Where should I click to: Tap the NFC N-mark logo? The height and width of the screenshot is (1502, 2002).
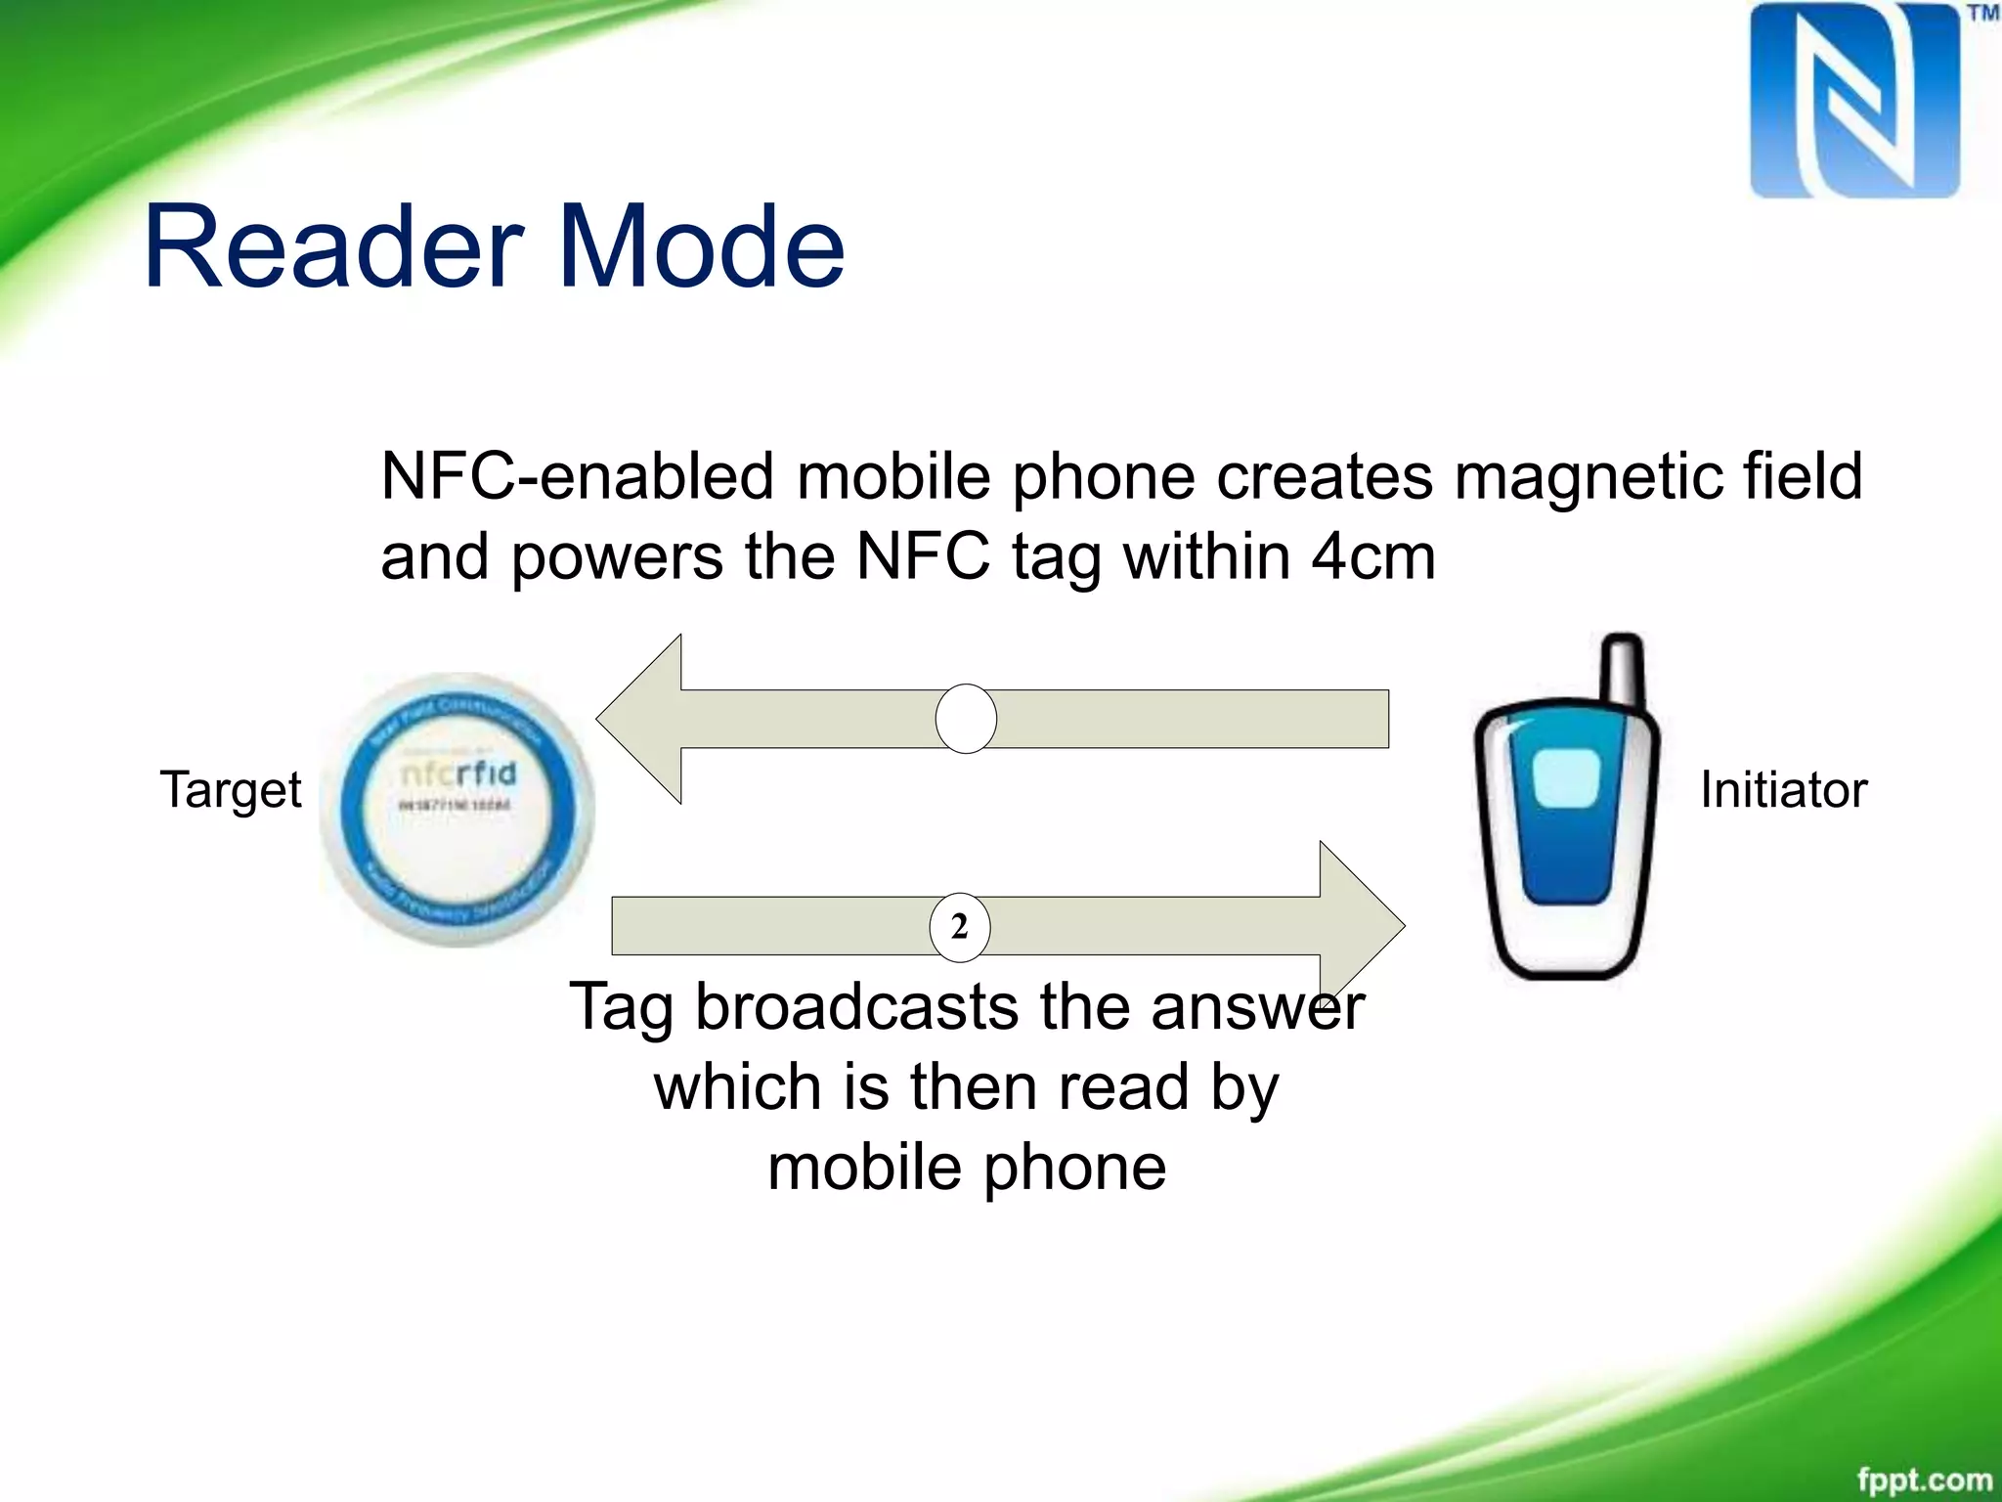click(x=1854, y=101)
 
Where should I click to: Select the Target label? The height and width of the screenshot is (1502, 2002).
click(x=231, y=790)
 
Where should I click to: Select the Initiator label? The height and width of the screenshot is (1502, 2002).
click(x=1783, y=790)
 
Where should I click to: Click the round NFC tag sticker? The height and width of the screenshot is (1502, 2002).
click(x=457, y=810)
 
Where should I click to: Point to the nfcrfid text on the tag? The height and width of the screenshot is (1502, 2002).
click(x=458, y=774)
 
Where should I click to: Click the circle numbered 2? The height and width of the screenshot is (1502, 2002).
click(x=959, y=926)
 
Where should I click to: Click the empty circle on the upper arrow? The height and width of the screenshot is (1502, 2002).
click(x=966, y=719)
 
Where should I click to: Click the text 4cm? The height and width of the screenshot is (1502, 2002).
click(x=1372, y=557)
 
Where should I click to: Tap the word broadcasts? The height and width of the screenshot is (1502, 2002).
click(x=856, y=1007)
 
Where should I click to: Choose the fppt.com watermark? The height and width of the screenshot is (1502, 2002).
click(x=1924, y=1480)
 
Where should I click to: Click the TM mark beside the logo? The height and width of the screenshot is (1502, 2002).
click(x=1982, y=14)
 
